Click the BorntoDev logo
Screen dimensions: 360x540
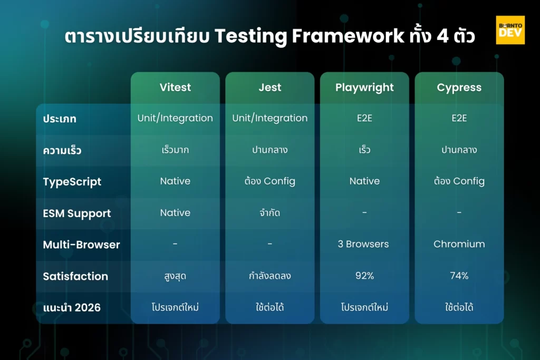coord(510,30)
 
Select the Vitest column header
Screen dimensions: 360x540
coord(175,87)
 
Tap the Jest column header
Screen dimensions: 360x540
coord(270,87)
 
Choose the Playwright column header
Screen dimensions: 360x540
coord(364,87)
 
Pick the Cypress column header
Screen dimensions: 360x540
coord(459,87)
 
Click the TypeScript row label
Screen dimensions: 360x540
coord(72,182)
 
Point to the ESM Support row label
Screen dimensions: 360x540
coord(77,213)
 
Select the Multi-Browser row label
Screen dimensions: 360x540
coord(81,245)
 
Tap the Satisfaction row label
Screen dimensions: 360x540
coord(75,276)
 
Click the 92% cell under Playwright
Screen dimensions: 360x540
coord(364,276)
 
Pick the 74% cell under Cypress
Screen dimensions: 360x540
coord(459,276)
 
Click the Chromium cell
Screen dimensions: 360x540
coord(459,244)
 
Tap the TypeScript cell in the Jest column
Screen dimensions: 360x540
coord(270,181)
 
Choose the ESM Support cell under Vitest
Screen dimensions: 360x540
coord(175,212)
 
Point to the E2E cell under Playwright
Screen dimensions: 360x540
coord(364,118)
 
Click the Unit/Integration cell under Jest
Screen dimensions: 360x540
coord(270,118)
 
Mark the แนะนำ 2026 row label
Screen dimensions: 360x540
coord(72,307)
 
